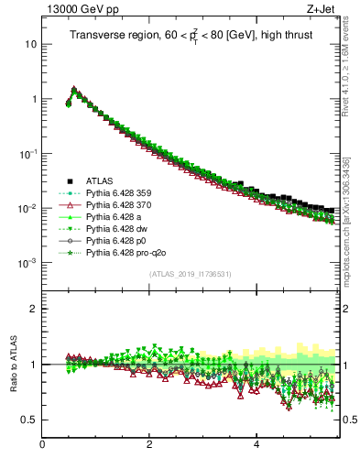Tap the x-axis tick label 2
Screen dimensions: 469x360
(x=149, y=444)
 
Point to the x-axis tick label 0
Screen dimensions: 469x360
(x=42, y=444)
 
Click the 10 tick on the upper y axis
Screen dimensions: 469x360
(x=30, y=44)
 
